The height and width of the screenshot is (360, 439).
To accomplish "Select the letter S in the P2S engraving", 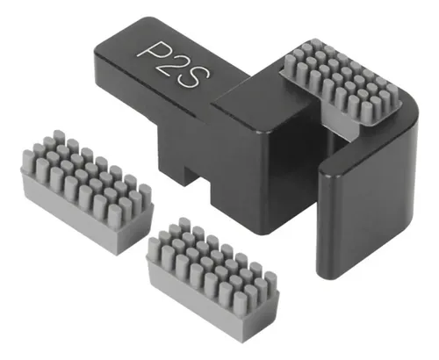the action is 191,77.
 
